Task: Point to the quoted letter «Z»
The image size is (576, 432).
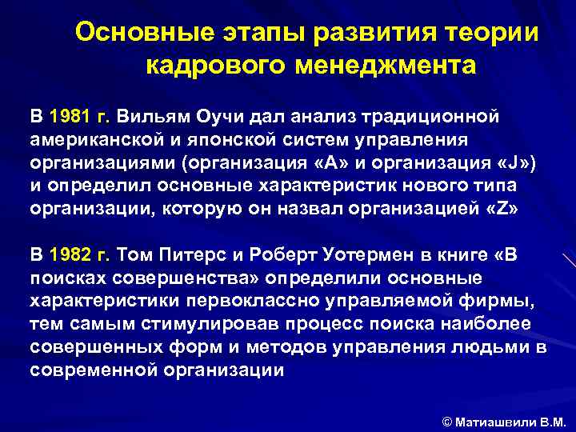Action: [502, 210]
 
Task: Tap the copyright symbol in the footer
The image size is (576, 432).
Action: [447, 419]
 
